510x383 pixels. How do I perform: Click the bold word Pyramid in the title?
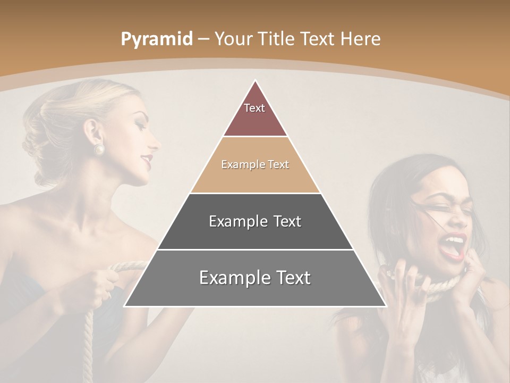[x=157, y=39]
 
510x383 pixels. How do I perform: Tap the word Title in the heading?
[x=276, y=39]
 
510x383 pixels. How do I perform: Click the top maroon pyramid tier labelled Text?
[x=255, y=114]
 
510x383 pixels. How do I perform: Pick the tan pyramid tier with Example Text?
[x=255, y=165]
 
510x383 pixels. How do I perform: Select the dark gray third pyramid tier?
[x=255, y=221]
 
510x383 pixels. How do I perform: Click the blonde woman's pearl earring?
[x=99, y=149]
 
